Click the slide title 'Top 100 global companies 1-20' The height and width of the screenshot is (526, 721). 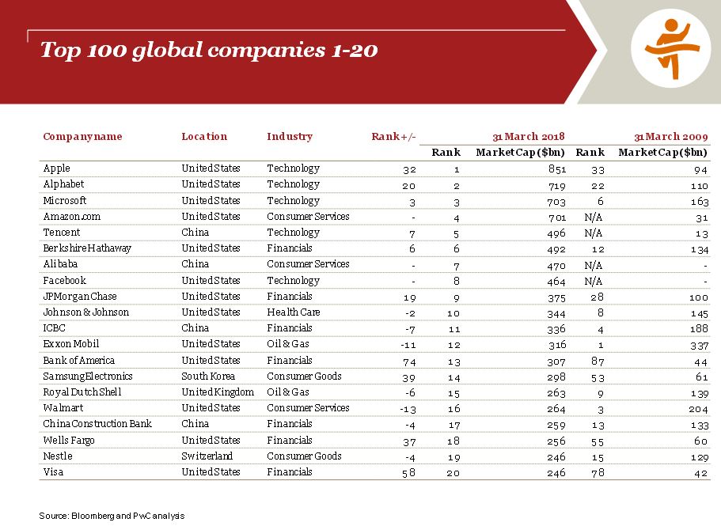click(x=209, y=51)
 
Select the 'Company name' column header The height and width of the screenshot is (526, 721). click(x=82, y=137)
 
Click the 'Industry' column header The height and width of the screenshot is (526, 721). click(x=290, y=137)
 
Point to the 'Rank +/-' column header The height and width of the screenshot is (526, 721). click(x=393, y=137)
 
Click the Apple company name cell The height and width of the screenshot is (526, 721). click(x=56, y=168)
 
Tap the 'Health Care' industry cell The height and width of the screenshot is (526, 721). click(x=294, y=312)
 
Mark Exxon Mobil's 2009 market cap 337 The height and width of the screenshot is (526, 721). click(x=699, y=344)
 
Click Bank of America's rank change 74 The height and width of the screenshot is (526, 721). click(x=408, y=360)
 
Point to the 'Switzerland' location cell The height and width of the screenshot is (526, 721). click(x=207, y=456)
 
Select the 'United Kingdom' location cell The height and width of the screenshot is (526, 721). click(x=218, y=392)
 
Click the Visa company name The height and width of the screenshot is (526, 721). click(x=53, y=471)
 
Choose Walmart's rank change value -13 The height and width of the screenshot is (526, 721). click(x=407, y=408)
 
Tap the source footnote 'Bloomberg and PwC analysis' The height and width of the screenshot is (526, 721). click(x=112, y=516)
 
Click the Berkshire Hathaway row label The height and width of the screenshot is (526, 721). click(x=87, y=248)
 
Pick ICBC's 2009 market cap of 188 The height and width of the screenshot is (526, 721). click(x=699, y=328)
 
